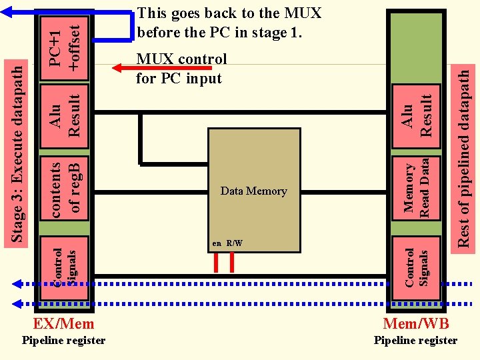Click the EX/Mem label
63,325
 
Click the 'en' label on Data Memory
217,243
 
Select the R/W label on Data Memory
234,243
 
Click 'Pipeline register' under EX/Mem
63,341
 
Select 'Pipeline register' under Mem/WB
415,341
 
